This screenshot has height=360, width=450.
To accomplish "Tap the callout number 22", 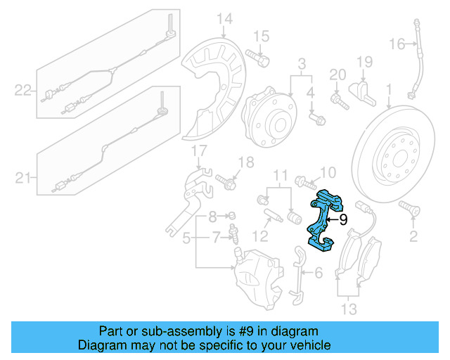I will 23,89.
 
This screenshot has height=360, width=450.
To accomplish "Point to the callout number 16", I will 397,44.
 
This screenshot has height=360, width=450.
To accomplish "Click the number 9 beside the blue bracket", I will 343,219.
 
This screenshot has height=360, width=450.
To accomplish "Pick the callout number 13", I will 349,309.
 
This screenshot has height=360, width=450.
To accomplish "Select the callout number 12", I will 261,235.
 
